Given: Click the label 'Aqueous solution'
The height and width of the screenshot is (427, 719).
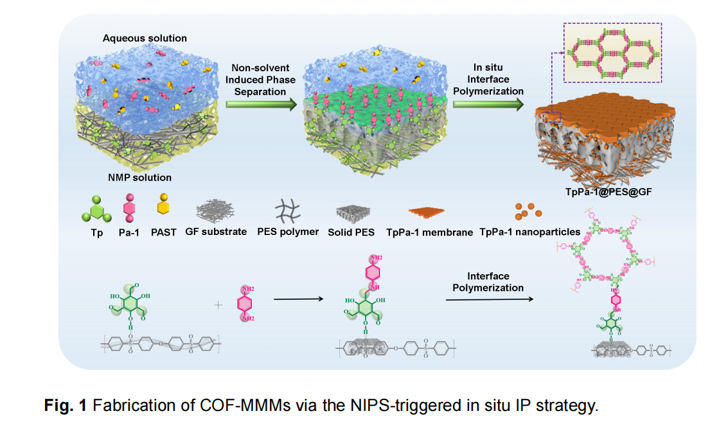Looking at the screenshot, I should (145, 39).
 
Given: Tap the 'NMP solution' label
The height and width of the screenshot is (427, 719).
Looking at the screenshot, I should (139, 177).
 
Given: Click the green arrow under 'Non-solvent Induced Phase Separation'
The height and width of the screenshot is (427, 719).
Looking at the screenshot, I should (260, 105).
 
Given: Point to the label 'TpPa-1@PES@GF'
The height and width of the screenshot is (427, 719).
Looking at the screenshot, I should (609, 191).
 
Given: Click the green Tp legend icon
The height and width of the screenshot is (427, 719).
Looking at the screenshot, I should (96, 209).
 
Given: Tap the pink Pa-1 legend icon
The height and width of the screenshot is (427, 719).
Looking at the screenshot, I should (129, 209).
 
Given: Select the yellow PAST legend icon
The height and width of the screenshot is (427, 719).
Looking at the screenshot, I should (164, 208).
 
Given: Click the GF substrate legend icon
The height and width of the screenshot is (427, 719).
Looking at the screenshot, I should (217, 209).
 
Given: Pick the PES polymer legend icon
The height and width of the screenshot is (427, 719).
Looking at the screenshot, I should (288, 211).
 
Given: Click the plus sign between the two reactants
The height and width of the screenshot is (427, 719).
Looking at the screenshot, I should (217, 304).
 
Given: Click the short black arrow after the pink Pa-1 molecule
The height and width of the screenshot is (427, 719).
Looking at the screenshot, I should (297, 299).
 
